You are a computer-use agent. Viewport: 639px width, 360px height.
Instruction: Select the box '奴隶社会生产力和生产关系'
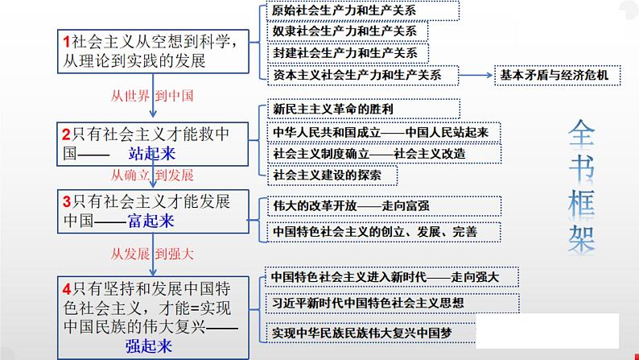click(x=346, y=32)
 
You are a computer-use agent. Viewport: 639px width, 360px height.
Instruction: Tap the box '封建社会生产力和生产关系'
click(x=346, y=53)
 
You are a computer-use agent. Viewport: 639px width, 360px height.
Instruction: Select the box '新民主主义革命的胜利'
click(x=362, y=109)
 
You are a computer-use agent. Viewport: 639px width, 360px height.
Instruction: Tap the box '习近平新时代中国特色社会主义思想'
click(x=378, y=304)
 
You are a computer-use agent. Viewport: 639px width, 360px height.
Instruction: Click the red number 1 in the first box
click(x=65, y=41)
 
